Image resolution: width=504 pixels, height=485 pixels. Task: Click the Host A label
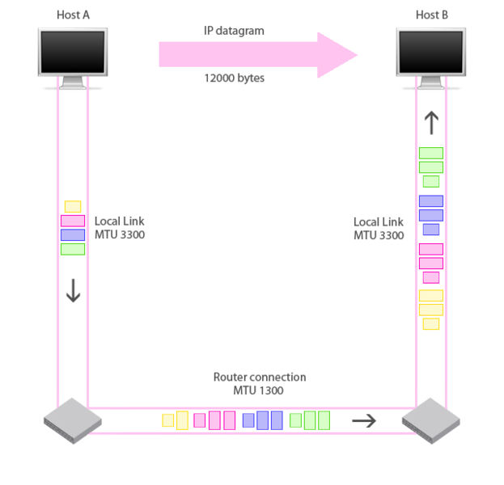tap(73, 15)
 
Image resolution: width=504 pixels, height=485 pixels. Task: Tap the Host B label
tap(432, 15)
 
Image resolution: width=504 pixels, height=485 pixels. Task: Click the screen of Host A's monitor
tap(73, 52)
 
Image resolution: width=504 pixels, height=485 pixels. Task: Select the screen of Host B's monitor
tap(430, 52)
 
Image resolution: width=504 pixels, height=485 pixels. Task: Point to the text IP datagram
tap(234, 31)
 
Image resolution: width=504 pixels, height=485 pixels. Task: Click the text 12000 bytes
tap(235, 78)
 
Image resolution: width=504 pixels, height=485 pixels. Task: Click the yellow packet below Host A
tap(73, 206)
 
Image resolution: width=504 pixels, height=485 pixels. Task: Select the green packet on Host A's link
tap(73, 249)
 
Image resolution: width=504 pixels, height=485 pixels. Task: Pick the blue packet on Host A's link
tap(73, 234)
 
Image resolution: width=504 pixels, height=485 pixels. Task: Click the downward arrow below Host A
tap(74, 290)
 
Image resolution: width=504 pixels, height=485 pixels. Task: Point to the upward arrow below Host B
tap(431, 123)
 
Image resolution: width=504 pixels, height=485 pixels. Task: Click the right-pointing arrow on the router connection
tap(364, 421)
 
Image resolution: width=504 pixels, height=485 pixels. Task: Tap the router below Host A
tap(73, 421)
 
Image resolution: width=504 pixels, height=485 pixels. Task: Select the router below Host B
tap(430, 421)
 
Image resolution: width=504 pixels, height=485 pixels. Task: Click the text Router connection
tap(260, 377)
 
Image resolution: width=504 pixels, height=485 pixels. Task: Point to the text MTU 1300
tap(258, 390)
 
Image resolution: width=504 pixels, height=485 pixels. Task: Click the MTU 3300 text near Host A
tap(120, 234)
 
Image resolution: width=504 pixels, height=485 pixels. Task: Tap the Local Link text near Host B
tap(379, 222)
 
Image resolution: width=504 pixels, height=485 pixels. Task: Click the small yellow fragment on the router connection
tap(167, 420)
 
